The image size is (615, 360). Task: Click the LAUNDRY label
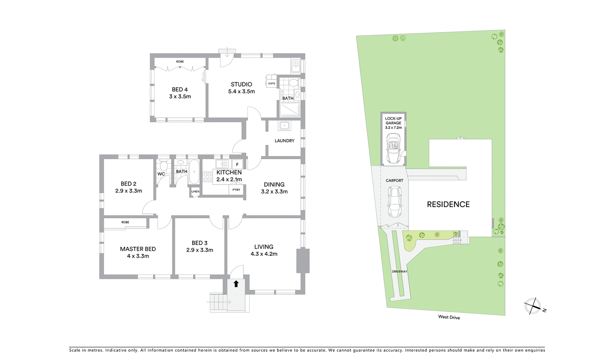pyautogui.click(x=284, y=141)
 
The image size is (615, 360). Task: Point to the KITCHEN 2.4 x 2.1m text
pyautogui.click(x=229, y=176)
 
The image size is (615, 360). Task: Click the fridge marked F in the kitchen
pyautogui.click(x=237, y=164)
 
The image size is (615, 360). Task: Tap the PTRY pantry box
pyautogui.click(x=236, y=190)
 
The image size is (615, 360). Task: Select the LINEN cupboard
pyautogui.click(x=195, y=192)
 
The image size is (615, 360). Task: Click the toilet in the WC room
pyautogui.click(x=163, y=166)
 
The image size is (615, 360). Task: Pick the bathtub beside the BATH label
pyautogui.click(x=194, y=172)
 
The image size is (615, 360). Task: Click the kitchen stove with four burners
pyautogui.click(x=207, y=177)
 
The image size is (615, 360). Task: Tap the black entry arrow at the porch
pyautogui.click(x=236, y=284)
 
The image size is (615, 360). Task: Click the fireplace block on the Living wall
pyautogui.click(x=303, y=261)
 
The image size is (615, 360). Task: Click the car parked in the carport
pyautogui.click(x=394, y=202)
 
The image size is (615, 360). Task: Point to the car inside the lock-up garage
pyautogui.click(x=393, y=148)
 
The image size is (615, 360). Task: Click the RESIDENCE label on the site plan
pyautogui.click(x=448, y=205)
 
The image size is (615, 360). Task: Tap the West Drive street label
pyautogui.click(x=449, y=317)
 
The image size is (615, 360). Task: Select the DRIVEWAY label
pyautogui.click(x=399, y=272)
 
